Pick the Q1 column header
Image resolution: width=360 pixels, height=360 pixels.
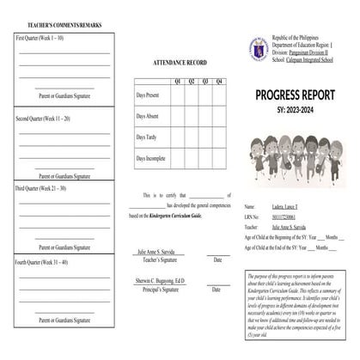[x=177, y=81]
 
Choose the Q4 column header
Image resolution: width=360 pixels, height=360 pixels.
[x=219, y=81]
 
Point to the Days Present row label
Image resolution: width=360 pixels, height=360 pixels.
[x=147, y=95]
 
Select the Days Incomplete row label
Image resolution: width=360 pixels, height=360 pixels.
[x=149, y=158]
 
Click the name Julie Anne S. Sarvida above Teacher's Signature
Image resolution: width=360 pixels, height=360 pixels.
[x=159, y=253]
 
